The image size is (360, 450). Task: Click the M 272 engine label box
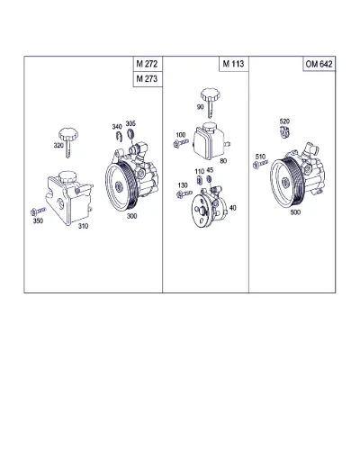tap(148, 64)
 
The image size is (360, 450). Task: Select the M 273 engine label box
tap(148, 79)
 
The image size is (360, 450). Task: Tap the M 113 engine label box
tap(234, 64)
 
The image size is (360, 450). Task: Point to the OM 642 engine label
tap(319, 64)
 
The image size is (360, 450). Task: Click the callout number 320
tap(58, 146)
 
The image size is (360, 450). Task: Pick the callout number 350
tap(38, 220)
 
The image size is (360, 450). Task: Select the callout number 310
tap(83, 226)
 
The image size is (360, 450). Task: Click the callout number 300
tap(131, 216)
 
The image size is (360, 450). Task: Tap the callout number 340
tap(117, 127)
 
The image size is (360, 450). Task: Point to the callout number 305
tap(130, 123)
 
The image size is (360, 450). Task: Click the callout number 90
tap(200, 107)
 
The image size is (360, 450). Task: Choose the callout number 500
tap(295, 212)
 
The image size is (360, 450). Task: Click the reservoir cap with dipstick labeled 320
tap(68, 142)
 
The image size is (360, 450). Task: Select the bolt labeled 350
tap(38, 211)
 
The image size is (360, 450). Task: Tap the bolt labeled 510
tap(260, 164)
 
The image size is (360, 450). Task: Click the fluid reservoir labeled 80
tap(211, 139)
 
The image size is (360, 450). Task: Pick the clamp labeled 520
tap(284, 132)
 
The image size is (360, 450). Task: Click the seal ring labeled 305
tap(130, 133)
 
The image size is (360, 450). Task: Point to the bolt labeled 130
tap(184, 193)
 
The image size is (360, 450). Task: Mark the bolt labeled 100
tap(181, 143)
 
